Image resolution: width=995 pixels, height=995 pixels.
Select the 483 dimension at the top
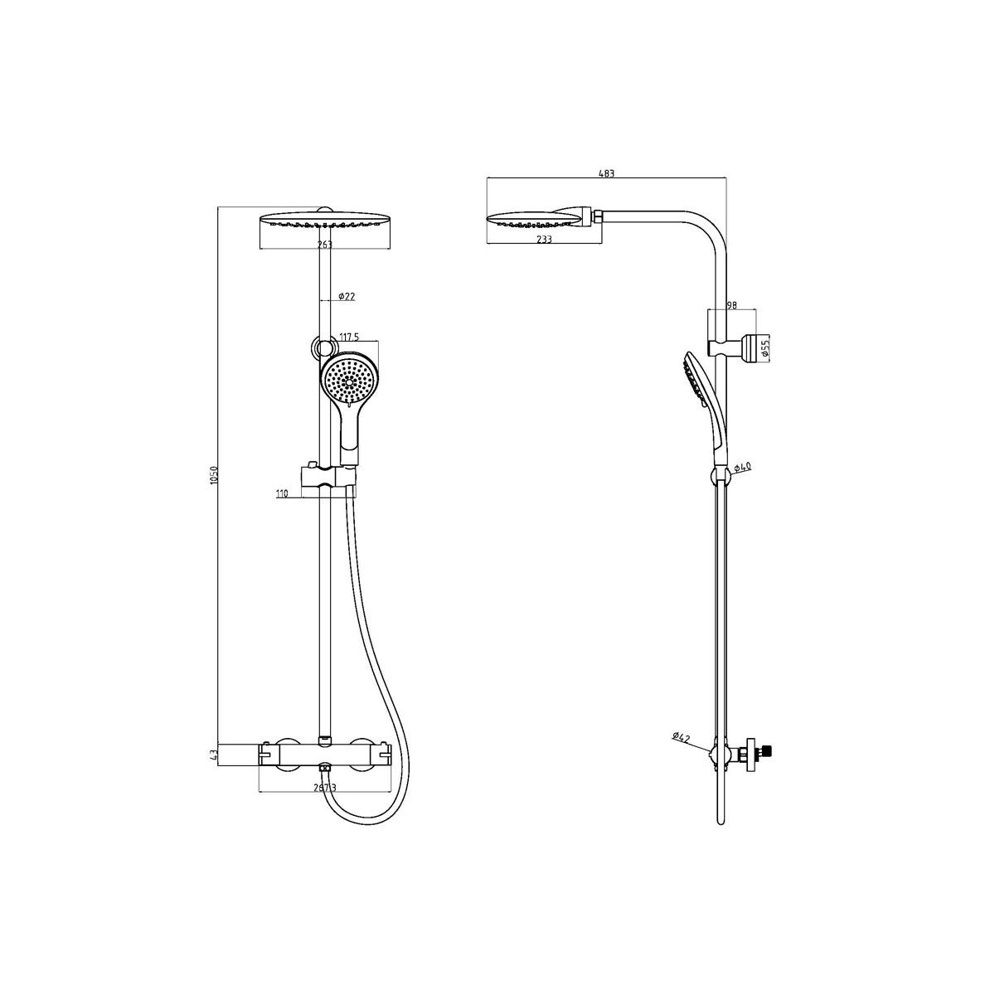[x=606, y=173]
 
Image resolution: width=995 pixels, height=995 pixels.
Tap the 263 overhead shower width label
[x=324, y=245]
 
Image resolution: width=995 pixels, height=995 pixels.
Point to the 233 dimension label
[x=544, y=239]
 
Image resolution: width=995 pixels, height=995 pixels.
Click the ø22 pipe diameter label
[x=347, y=296]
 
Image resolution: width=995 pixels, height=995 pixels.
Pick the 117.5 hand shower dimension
[x=349, y=337]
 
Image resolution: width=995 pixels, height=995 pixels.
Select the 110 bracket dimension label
[x=282, y=493]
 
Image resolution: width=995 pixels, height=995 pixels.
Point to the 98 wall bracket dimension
[x=731, y=305]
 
